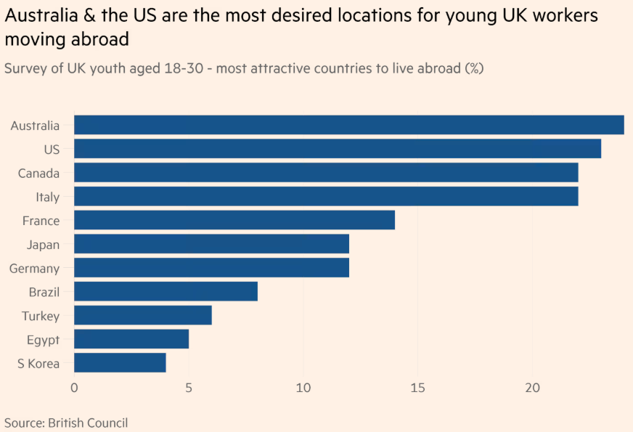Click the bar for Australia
(x=348, y=125)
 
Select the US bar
(x=338, y=149)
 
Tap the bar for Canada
(x=326, y=173)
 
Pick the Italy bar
(x=326, y=197)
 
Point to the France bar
(x=234, y=220)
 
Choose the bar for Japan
(x=211, y=244)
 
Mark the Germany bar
(x=211, y=268)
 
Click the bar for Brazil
(x=166, y=292)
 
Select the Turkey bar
(x=143, y=315)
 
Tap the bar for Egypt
(x=131, y=339)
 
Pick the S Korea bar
(x=120, y=363)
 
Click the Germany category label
(x=34, y=269)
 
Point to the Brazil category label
(x=44, y=293)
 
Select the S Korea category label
(x=38, y=364)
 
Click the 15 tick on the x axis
(x=417, y=388)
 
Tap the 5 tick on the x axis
(x=189, y=388)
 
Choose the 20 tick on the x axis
(x=532, y=388)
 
